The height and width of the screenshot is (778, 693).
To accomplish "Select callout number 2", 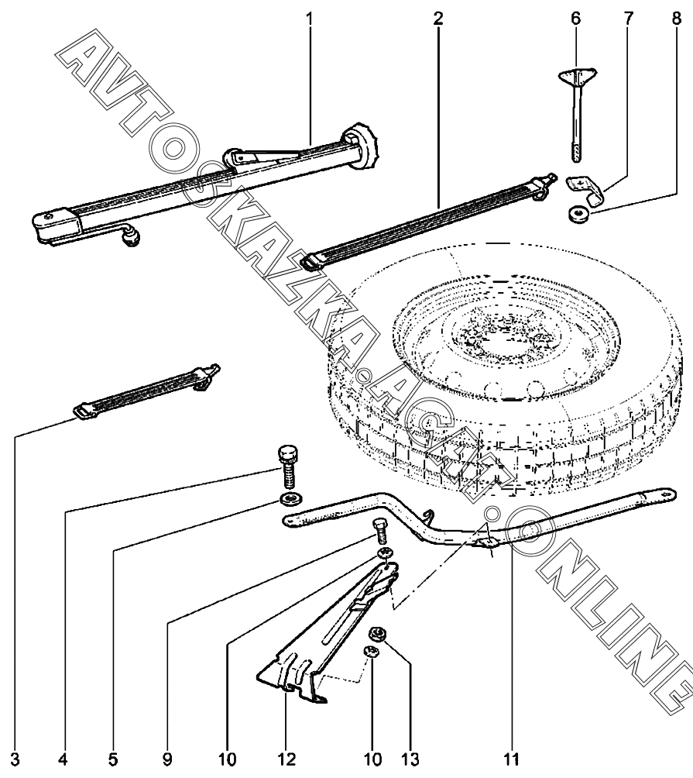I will click(x=438, y=16).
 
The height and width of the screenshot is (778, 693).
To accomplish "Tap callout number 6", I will click(x=575, y=16).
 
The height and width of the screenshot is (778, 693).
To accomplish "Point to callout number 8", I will click(x=678, y=16).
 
